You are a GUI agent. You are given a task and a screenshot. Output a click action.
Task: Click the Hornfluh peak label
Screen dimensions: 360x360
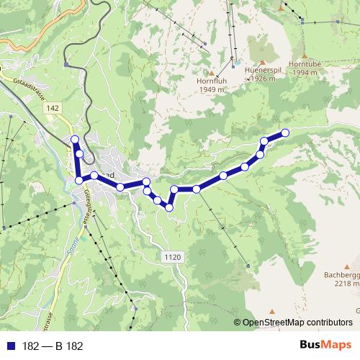tap(211, 81)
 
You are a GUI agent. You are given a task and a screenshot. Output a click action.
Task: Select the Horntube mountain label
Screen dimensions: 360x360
tap(304, 63)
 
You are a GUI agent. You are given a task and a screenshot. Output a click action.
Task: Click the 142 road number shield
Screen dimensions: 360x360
tap(51, 107)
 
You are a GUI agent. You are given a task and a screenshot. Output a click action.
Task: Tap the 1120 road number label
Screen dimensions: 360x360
tap(172, 256)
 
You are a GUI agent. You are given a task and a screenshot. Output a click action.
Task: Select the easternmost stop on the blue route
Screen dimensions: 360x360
tap(285, 132)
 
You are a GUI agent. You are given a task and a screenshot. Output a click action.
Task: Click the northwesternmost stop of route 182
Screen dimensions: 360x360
tap(74, 139)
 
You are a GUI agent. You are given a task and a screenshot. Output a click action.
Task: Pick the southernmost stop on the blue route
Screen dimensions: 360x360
tap(169, 207)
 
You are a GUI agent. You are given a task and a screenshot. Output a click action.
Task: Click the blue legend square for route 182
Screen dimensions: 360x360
tap(9, 346)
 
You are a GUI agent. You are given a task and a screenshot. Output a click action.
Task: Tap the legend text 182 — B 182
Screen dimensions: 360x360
tap(53, 346)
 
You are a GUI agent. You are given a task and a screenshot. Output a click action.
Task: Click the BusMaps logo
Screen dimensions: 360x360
tap(325, 346)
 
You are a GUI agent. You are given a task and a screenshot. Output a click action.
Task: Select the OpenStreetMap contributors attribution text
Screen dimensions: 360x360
tap(297, 323)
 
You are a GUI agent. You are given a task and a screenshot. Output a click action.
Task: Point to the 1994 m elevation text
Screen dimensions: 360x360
tap(304, 72)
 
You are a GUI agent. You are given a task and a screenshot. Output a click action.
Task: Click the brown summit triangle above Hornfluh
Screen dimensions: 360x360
tap(211, 73)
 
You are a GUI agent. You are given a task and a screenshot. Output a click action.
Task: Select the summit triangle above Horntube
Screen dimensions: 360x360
tap(305, 55)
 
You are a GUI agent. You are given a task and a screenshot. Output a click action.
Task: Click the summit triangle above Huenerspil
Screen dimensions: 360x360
tap(262, 63)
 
